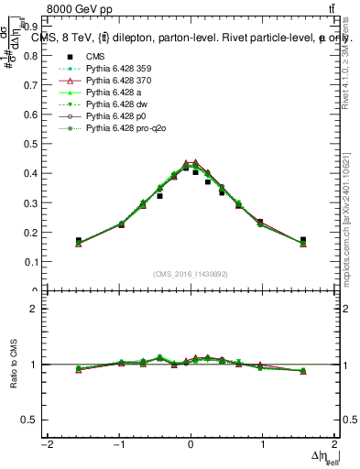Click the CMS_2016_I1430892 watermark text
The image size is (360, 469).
click(x=190, y=273)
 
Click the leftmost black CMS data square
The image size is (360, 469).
click(x=79, y=241)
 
